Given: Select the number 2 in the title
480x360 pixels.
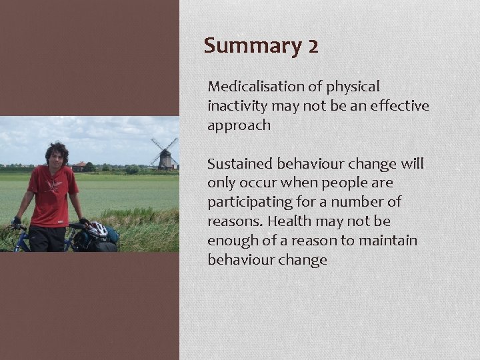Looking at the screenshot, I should [313, 46].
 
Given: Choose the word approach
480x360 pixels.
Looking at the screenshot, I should [239, 125].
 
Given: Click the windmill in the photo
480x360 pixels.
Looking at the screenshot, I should [165, 153].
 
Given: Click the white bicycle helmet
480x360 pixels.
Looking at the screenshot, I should [98, 229].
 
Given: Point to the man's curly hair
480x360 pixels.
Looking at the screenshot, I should [56, 149].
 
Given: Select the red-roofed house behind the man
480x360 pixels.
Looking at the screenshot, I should [80, 165].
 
